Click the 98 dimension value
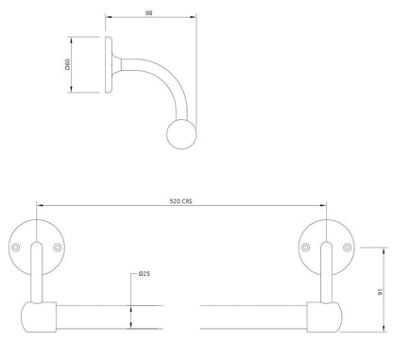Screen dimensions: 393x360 (x=149, y=13)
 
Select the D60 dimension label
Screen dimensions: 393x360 (x=68, y=64)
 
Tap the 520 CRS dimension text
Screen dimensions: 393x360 (x=180, y=201)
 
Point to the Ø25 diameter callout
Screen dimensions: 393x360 (x=145, y=274)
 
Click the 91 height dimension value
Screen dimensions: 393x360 (x=381, y=291)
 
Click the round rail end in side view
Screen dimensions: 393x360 (x=181, y=134)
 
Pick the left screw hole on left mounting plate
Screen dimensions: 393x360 (x=15, y=248)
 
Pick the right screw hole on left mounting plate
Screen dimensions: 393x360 (x=58, y=248)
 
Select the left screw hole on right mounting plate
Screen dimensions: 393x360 (x=305, y=248)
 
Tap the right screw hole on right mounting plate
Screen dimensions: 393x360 (x=348, y=248)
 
